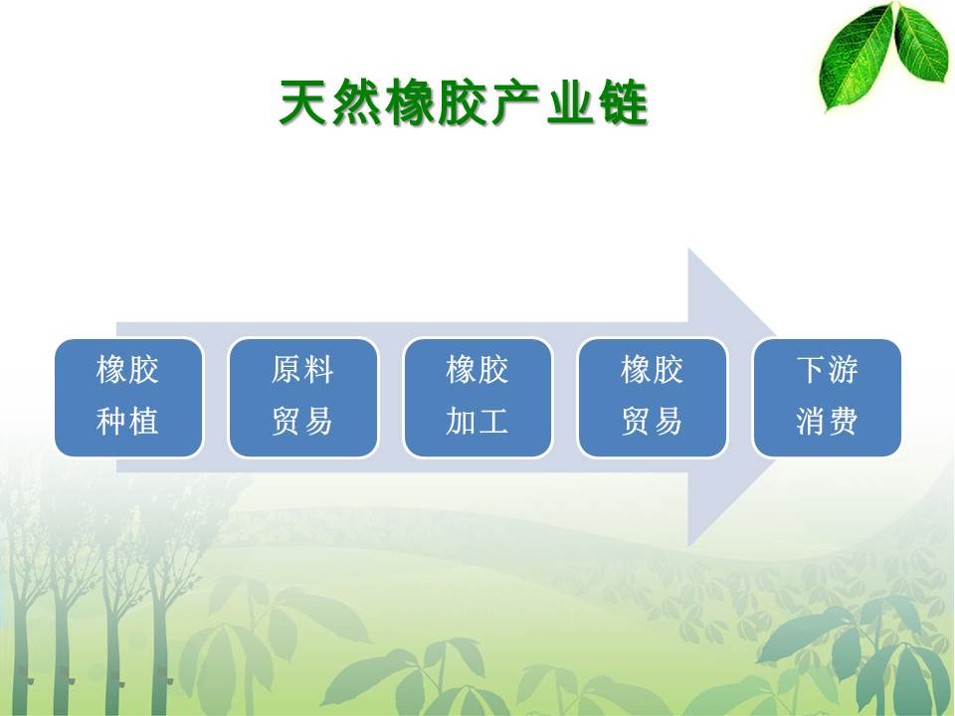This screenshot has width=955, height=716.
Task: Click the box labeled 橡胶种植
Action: coord(128,398)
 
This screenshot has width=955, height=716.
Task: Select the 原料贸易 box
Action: coord(302,398)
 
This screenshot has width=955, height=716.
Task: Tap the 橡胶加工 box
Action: coord(477,398)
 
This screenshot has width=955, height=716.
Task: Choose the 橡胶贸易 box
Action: coord(653,398)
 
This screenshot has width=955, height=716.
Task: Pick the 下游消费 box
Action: coord(827,398)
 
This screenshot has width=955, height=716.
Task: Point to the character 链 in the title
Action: coord(623,102)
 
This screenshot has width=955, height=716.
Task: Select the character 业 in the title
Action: coord(569,102)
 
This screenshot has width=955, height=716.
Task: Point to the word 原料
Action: coord(302,370)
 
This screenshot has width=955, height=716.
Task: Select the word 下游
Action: coord(827,370)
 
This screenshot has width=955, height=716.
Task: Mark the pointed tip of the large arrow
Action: coord(838,397)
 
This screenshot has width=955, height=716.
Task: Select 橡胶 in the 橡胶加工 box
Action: coord(477,370)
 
